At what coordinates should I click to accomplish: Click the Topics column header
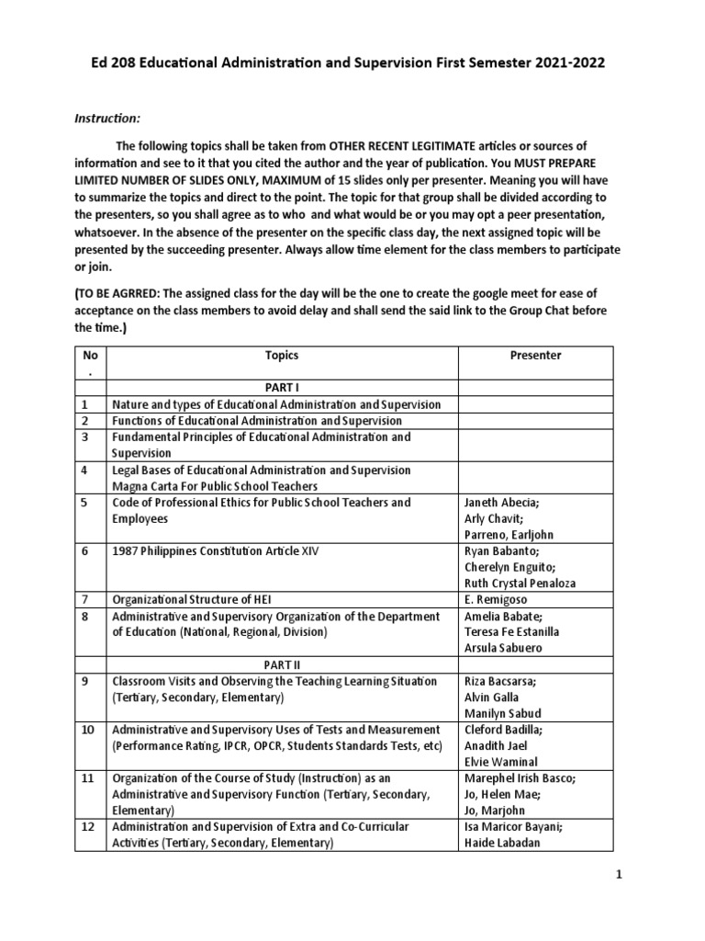click(282, 355)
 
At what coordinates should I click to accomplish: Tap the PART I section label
click(282, 388)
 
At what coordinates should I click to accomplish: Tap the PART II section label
click(282, 664)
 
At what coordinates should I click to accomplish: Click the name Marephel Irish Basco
click(520, 777)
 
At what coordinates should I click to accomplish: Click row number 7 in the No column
click(84, 599)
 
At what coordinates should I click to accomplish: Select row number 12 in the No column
click(87, 826)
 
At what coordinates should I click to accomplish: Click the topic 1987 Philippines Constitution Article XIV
click(216, 551)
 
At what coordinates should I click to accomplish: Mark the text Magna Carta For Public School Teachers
click(215, 486)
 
